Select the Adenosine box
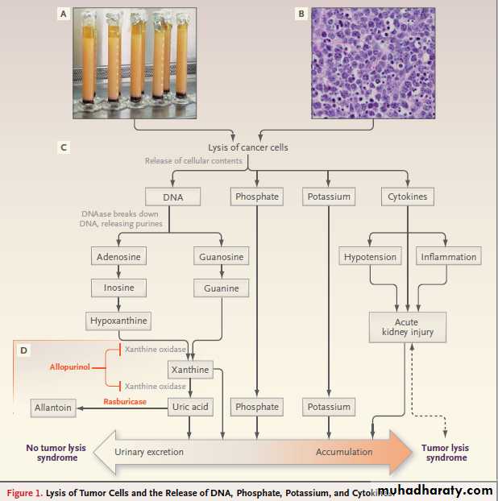[118, 257]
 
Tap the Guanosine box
[221, 257]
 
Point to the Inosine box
[118, 288]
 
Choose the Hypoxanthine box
[118, 321]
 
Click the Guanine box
[221, 288]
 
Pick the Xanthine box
[190, 370]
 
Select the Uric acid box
[190, 407]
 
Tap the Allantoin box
[53, 408]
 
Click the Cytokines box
[407, 197]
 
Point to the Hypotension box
[370, 257]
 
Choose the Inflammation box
[448, 257]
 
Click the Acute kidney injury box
[407, 325]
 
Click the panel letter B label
[301, 14]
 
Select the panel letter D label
[23, 351]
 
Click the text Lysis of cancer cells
[248, 147]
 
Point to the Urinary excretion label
[149, 452]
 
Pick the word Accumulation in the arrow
[344, 452]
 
